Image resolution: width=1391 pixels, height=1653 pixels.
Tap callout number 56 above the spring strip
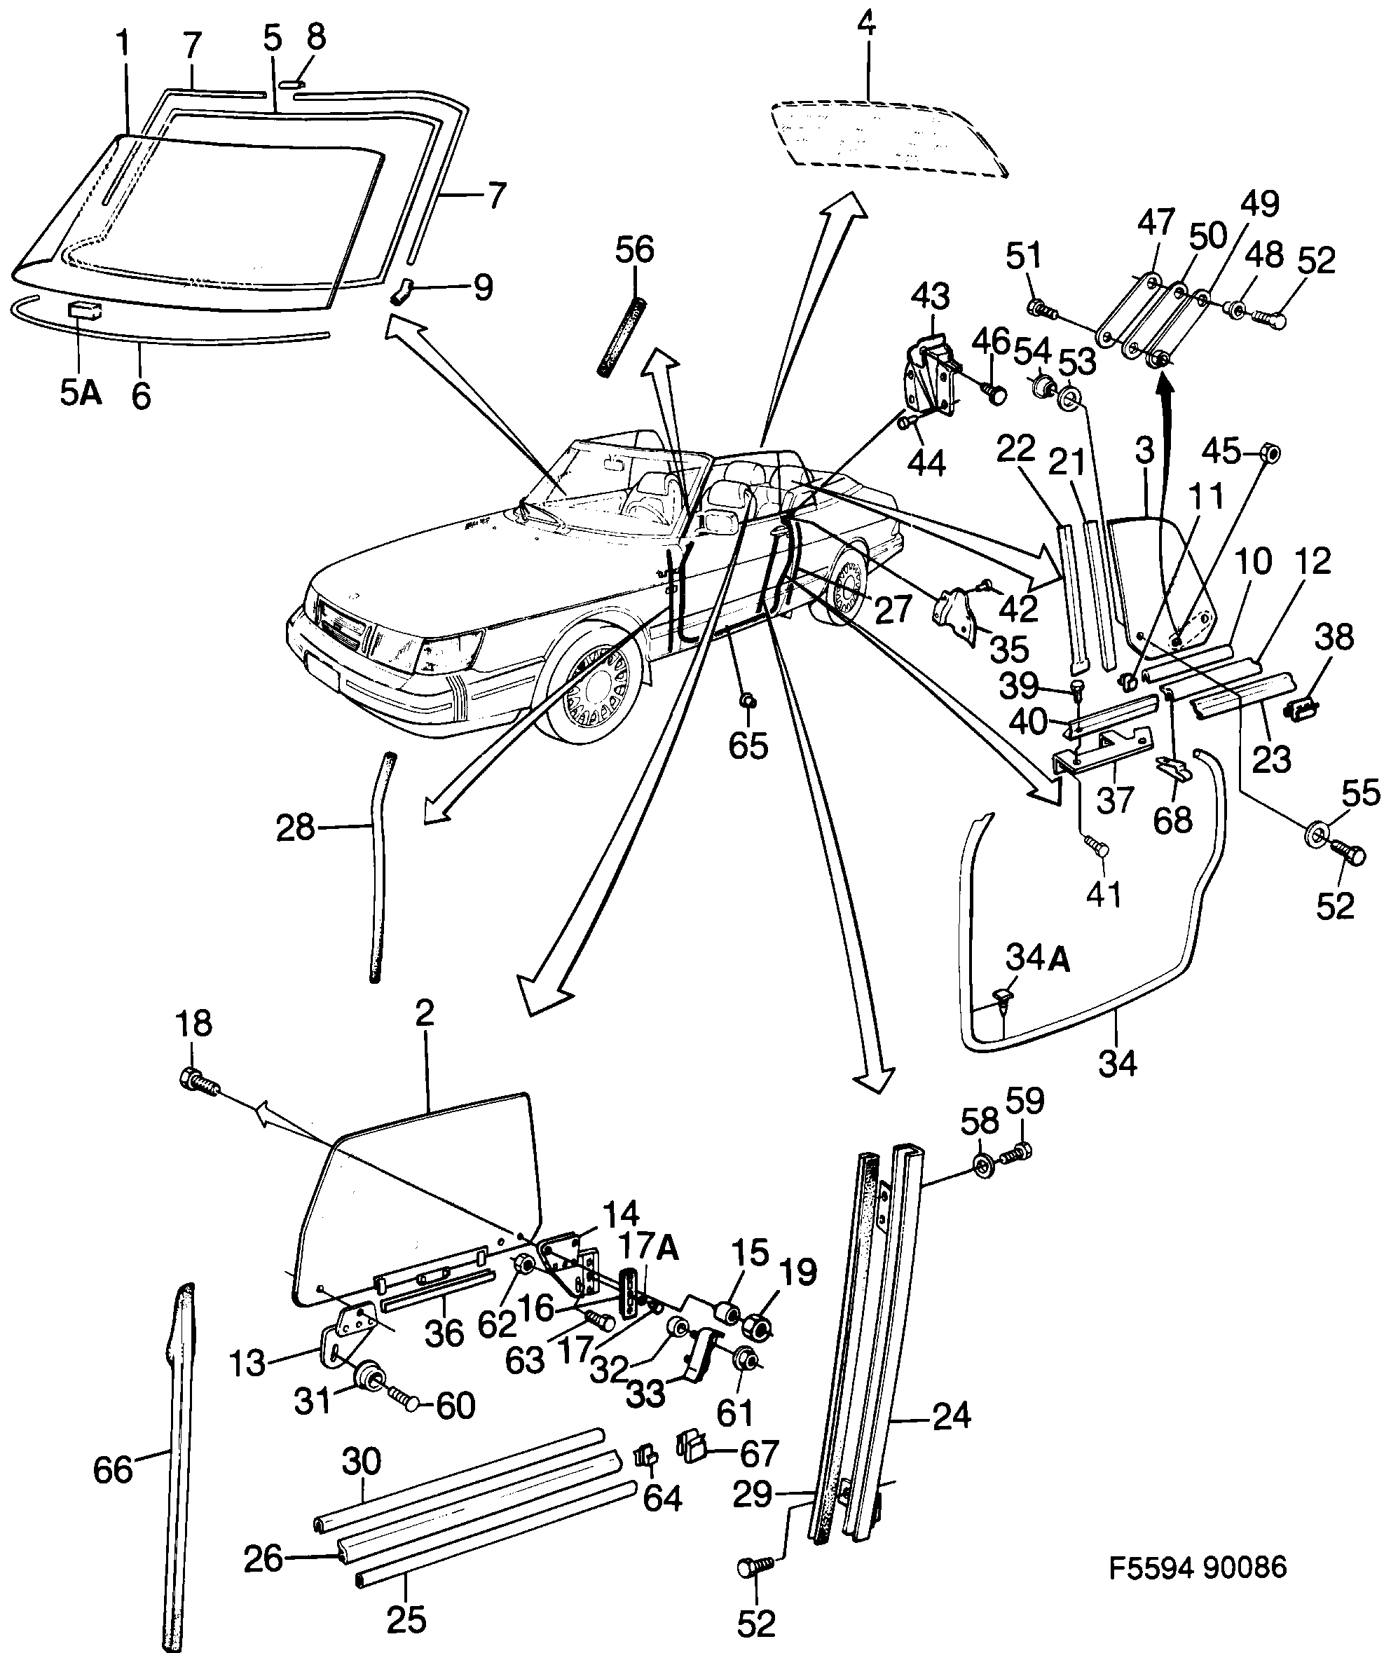(634, 251)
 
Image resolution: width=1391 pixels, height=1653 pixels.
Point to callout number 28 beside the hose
(296, 828)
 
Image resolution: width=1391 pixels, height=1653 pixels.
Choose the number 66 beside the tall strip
(113, 1469)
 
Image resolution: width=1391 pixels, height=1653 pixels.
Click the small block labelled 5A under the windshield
(83, 309)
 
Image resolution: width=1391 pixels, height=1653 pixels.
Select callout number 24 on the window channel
(950, 1416)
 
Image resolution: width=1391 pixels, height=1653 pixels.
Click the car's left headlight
(441, 650)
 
